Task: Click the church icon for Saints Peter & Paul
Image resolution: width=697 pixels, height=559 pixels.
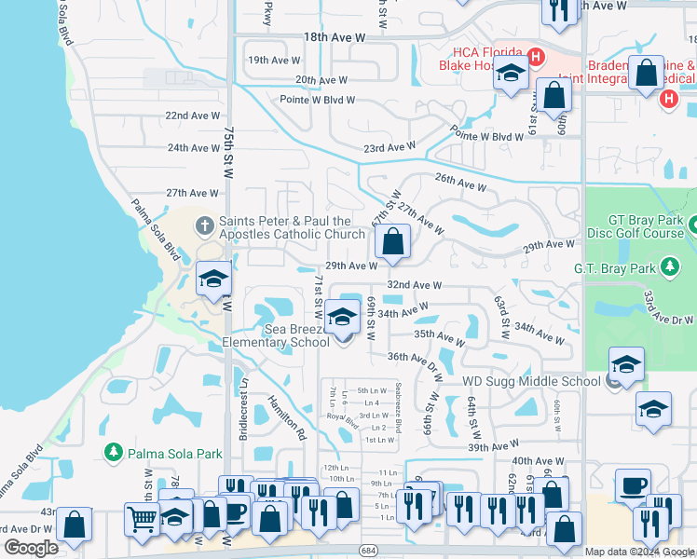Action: click(x=205, y=226)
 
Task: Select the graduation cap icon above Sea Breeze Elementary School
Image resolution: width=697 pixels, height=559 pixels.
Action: click(x=342, y=317)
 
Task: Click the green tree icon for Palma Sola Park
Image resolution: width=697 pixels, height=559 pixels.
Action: click(x=114, y=453)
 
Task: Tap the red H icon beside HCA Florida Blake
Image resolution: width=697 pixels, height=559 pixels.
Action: click(x=535, y=57)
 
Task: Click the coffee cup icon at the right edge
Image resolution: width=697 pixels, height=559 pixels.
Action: click(x=634, y=485)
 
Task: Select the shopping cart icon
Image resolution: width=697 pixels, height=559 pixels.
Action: click(x=141, y=518)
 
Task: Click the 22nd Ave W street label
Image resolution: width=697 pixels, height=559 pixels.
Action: click(x=193, y=115)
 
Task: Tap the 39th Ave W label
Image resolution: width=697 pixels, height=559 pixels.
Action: click(x=494, y=447)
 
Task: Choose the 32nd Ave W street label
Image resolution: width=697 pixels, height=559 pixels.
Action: click(x=414, y=285)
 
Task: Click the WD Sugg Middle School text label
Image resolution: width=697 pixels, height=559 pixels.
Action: click(x=531, y=381)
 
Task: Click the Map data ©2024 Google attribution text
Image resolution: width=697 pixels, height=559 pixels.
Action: click(x=639, y=552)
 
